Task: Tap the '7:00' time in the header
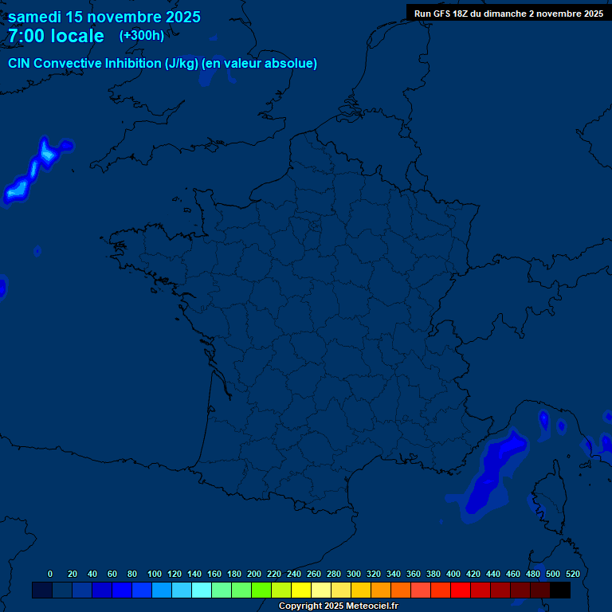pyautogui.click(x=25, y=36)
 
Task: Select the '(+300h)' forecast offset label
pyautogui.click(x=142, y=35)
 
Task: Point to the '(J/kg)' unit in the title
pyautogui.click(x=181, y=64)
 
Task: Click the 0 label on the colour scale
pyautogui.click(x=50, y=574)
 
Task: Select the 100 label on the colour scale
pyautogui.click(x=155, y=574)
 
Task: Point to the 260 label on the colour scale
pyautogui.click(x=314, y=574)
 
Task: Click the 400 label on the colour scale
pyautogui.click(x=453, y=574)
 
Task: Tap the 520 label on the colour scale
pyautogui.click(x=572, y=574)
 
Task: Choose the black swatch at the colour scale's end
pyautogui.click(x=560, y=590)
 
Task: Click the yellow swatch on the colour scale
pyautogui.click(x=301, y=590)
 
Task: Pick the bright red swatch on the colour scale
pyautogui.click(x=461, y=590)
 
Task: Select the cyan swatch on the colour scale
pyautogui.click(x=202, y=590)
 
